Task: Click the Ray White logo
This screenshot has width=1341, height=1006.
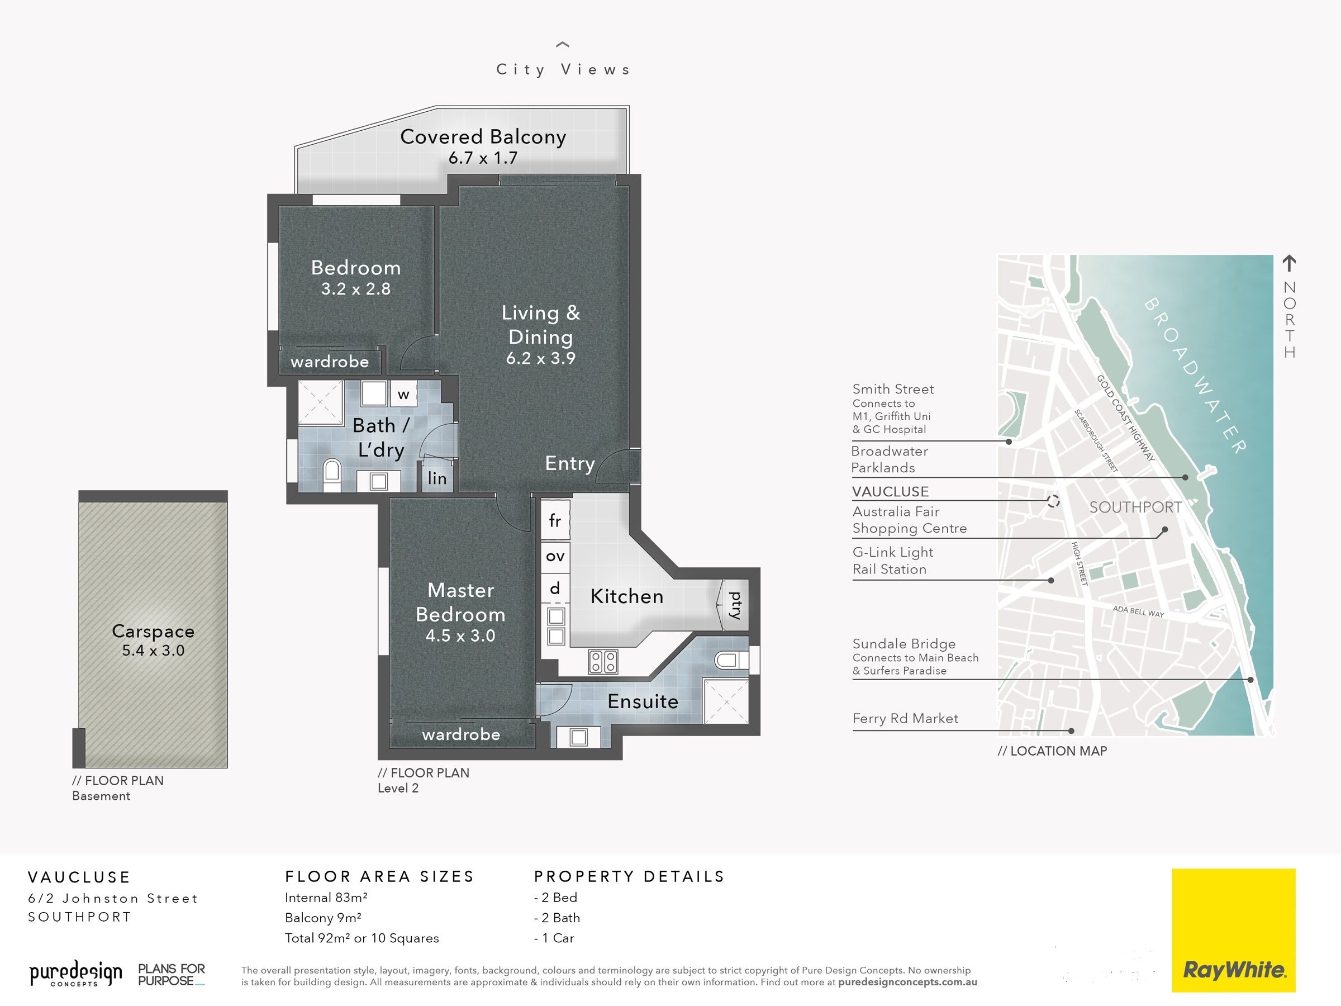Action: [1233, 930]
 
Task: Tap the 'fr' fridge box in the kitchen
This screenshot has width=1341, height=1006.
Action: [555, 520]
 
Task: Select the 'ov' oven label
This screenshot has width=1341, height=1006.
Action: [555, 556]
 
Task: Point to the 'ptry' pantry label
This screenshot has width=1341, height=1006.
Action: [735, 605]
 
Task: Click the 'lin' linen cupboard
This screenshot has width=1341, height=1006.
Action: [437, 478]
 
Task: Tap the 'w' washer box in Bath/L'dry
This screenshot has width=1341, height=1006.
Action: [403, 394]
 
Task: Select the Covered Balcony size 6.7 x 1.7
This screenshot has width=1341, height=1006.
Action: [483, 158]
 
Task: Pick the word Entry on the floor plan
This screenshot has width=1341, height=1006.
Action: [570, 463]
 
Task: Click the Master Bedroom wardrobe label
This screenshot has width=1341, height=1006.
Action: [462, 734]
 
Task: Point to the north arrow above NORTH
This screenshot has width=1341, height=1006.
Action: [1289, 263]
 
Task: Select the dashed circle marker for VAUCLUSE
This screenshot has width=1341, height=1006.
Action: [1053, 501]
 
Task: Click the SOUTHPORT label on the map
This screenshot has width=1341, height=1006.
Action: [1135, 507]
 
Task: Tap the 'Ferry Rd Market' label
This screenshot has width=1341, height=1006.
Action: [905, 719]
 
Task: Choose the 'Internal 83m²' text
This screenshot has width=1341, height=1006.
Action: [326, 898]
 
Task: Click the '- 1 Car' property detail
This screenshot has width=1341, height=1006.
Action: [554, 938]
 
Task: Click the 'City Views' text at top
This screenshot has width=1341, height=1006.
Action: [563, 70]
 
